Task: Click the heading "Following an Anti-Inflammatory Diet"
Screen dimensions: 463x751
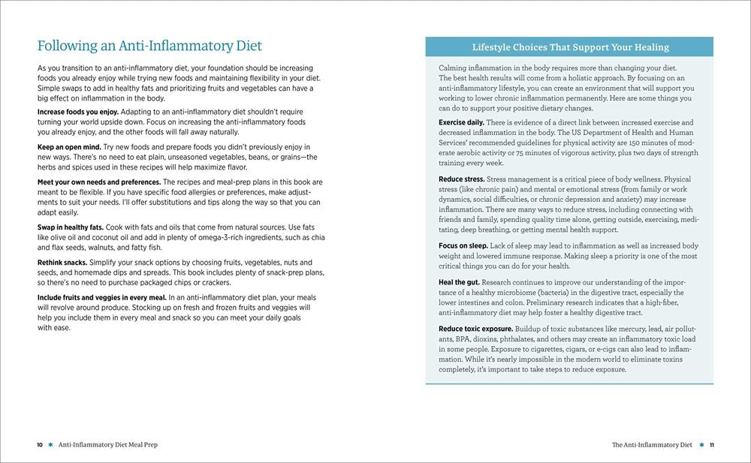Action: [x=149, y=46]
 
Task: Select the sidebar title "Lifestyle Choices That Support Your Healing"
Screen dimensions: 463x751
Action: [x=570, y=47]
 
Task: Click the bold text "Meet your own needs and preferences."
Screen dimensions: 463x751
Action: [x=99, y=182]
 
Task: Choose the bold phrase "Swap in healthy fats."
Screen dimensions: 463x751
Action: [x=70, y=227]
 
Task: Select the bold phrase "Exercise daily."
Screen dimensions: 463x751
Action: [x=461, y=122]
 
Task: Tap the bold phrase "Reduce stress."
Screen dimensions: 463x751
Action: [x=461, y=179]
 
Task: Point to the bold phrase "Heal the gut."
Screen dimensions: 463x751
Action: [x=459, y=281]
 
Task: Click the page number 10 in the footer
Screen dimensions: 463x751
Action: [x=40, y=445]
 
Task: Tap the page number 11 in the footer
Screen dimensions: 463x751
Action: [x=710, y=445]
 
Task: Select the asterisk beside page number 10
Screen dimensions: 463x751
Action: [x=50, y=445]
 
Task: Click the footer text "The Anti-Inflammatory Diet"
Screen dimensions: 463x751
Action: [x=651, y=445]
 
